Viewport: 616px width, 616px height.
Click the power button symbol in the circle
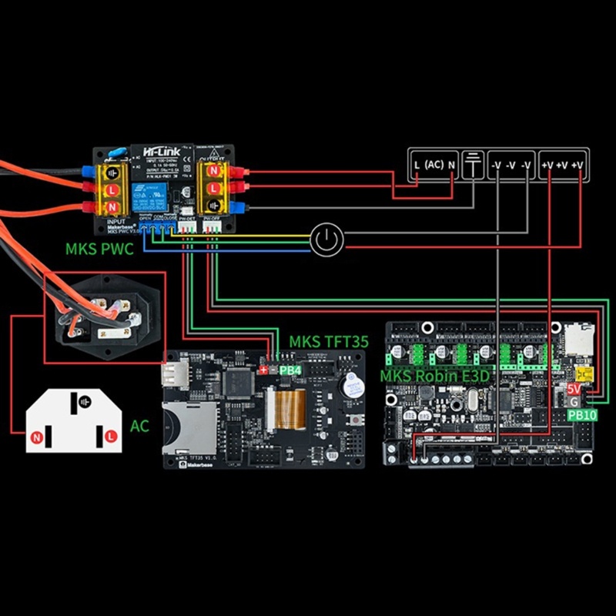[327, 240]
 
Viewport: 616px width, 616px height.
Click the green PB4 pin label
[290, 370]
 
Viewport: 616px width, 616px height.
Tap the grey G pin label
[574, 402]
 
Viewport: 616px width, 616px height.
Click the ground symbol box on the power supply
[471, 164]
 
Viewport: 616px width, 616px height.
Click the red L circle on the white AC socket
[112, 436]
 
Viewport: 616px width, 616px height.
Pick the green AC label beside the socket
[139, 425]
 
